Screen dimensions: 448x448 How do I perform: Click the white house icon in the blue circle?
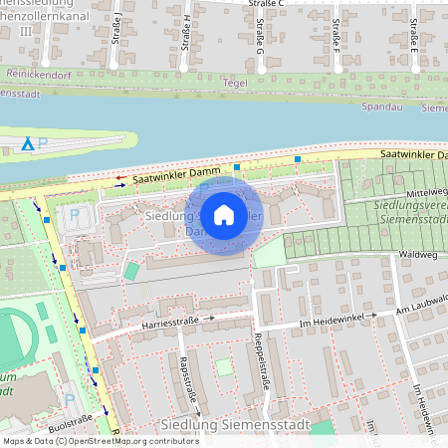tap(224, 214)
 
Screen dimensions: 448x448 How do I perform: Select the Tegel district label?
tap(235, 84)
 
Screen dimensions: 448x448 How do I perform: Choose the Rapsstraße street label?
tap(184, 383)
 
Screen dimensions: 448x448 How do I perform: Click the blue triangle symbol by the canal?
tap(28, 146)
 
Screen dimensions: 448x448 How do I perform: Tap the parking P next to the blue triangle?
tap(43, 145)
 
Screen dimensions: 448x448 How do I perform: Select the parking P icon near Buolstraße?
tap(69, 399)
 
